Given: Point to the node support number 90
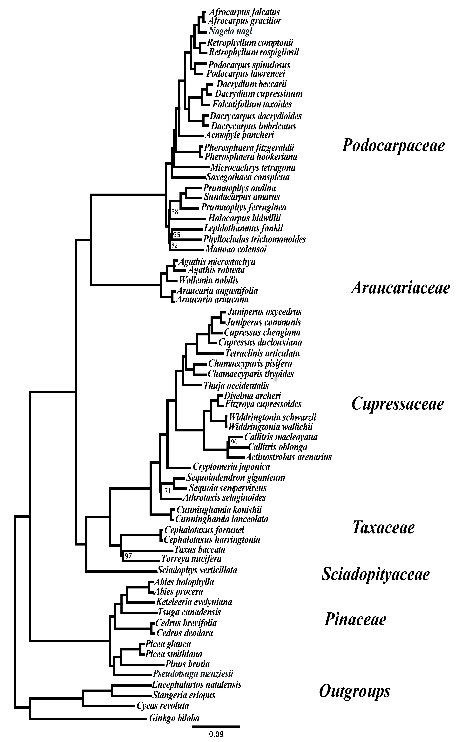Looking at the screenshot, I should click(234, 442).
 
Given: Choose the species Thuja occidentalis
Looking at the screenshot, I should click(236, 386).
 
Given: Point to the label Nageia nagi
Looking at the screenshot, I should click(230, 31).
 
